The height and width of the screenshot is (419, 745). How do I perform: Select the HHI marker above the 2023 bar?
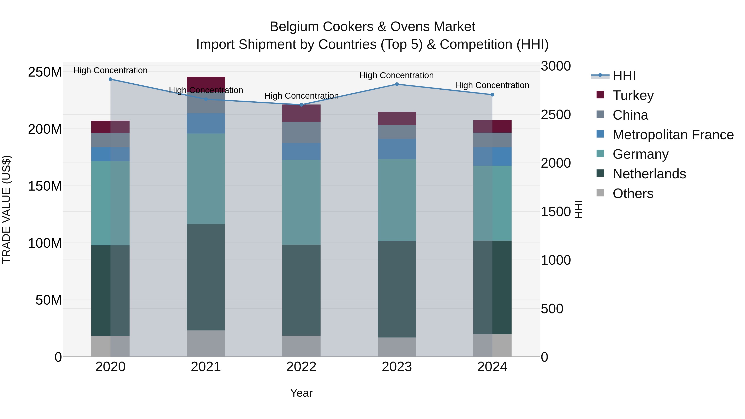pos(397,84)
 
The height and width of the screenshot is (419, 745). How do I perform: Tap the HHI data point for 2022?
pos(301,105)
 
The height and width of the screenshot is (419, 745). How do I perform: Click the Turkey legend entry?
pos(633,95)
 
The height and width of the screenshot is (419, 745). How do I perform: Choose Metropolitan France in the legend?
pos(673,135)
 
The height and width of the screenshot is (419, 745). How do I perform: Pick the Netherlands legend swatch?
pos(600,174)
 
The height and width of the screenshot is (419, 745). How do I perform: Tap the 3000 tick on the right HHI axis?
pos(556,66)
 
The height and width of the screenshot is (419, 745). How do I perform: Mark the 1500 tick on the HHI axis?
pos(556,212)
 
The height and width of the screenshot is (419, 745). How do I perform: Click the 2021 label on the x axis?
pos(206,367)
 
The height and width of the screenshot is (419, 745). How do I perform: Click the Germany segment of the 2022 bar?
pos(301,202)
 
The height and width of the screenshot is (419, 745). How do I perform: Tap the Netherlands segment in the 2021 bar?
pos(206,277)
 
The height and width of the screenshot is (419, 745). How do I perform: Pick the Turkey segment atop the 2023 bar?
pos(397,118)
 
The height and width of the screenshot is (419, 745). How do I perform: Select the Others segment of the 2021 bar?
pos(206,343)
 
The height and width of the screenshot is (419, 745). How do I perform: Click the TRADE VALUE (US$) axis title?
pos(6,209)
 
